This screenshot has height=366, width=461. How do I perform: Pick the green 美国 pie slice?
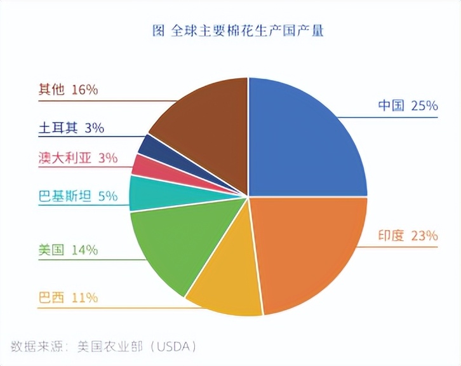point(168,245)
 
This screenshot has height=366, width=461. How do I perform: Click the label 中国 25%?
point(408,105)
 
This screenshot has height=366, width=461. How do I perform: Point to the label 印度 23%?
point(408,236)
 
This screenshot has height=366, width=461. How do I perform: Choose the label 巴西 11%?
point(68,297)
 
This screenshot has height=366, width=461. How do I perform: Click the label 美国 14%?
point(68,250)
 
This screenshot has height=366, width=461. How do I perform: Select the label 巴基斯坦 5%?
point(78,196)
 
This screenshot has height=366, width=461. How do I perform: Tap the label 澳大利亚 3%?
point(78,158)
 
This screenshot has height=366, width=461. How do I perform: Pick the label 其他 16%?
point(68,90)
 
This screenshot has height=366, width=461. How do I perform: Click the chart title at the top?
point(238,30)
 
